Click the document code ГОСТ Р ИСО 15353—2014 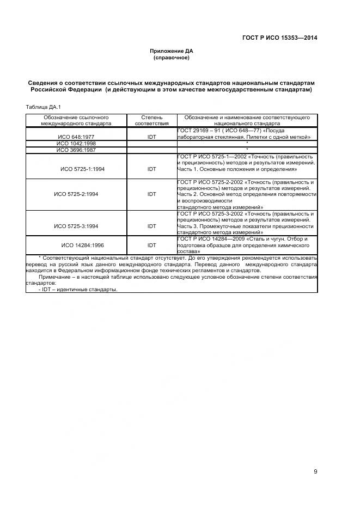coord(279,38)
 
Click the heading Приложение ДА coord(172,51)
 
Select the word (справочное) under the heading coord(172,58)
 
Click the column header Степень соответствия coord(151,120)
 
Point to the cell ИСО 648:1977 coord(76,137)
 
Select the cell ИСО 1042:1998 coord(76,144)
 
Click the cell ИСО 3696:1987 coord(76,150)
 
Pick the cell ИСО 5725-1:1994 coord(83,169)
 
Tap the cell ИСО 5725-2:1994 coord(76,194)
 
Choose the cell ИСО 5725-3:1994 coord(76,226)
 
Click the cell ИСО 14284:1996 coord(83,245)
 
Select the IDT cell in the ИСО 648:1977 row coord(151,137)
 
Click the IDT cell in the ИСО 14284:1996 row coord(151,245)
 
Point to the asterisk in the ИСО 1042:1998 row coord(247,144)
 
